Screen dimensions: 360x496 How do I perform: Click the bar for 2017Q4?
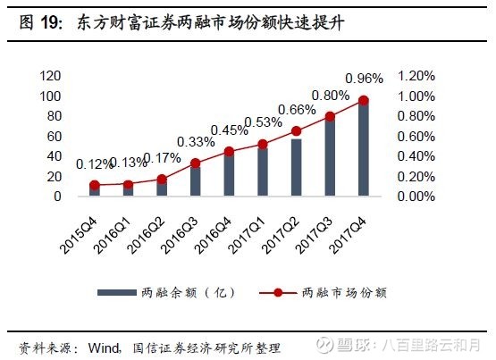click(364, 148)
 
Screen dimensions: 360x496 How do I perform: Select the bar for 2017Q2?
click(297, 167)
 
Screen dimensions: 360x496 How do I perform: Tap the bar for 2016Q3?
click(196, 180)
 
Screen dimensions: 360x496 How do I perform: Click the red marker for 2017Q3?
click(330, 116)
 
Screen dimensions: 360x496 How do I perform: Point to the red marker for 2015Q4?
click(95, 185)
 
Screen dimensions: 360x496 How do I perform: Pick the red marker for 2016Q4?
click(229, 151)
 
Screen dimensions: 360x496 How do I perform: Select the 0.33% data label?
click(196, 141)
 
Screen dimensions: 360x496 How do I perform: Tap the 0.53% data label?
click(263, 122)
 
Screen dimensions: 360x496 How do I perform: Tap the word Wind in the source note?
click(104, 346)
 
